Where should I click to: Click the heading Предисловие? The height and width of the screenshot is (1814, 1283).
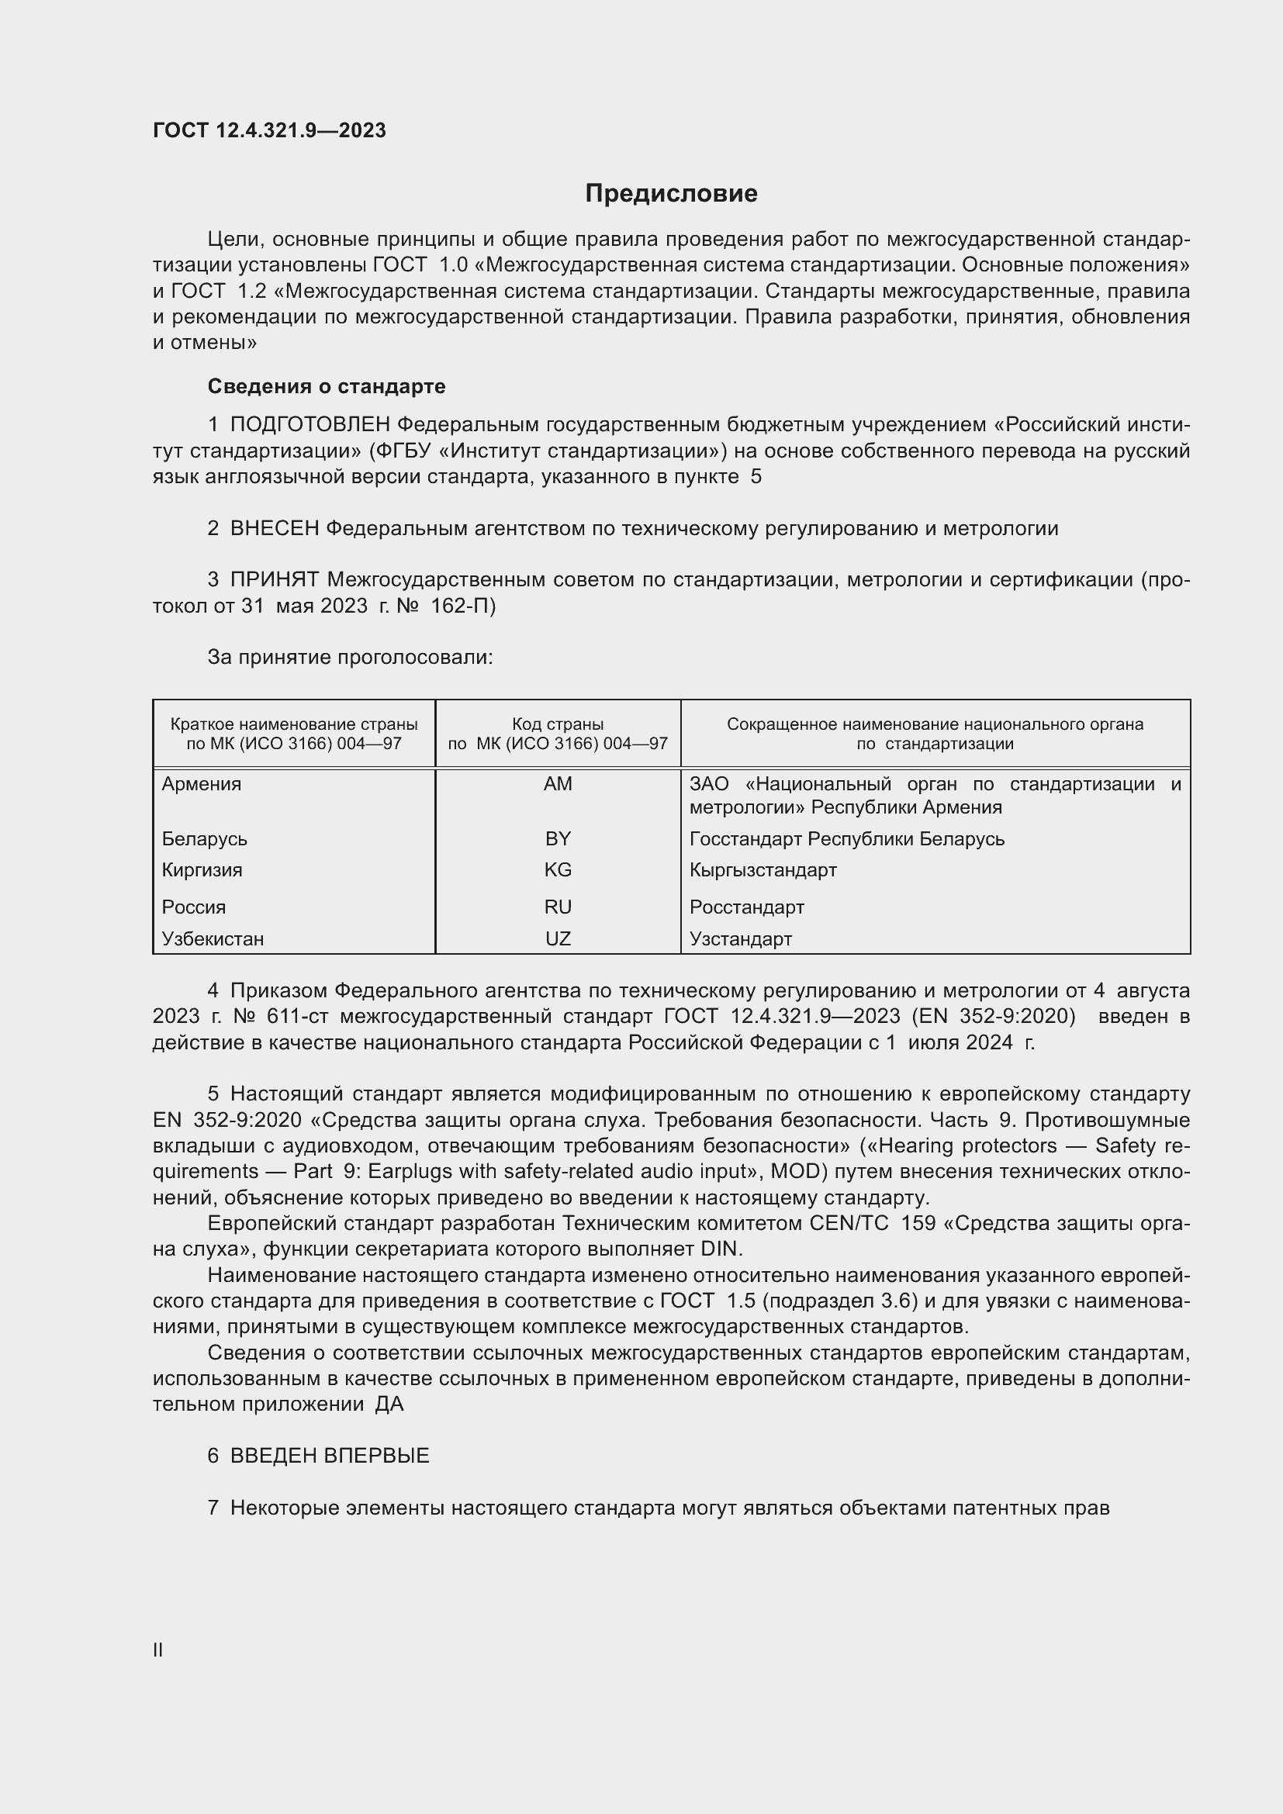[x=671, y=194]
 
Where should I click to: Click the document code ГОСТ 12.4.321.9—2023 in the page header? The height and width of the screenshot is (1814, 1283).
[x=269, y=130]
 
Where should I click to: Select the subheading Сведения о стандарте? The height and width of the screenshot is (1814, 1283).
[x=327, y=386]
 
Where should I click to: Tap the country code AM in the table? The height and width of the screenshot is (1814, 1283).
[x=558, y=784]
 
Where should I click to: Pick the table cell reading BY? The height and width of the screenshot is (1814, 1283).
[x=558, y=838]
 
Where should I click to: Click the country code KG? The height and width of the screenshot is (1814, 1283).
[x=558, y=870]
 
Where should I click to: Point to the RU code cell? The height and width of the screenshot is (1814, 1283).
[x=558, y=907]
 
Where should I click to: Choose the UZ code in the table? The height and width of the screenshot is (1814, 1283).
[x=558, y=938]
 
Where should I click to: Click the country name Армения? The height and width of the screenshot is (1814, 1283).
[x=202, y=784]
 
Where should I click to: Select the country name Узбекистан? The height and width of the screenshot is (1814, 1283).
[x=213, y=938]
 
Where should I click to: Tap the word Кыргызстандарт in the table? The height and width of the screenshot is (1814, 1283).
[x=763, y=870]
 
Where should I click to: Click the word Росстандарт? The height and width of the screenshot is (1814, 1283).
[x=746, y=907]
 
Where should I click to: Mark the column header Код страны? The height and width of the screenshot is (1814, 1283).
[x=558, y=724]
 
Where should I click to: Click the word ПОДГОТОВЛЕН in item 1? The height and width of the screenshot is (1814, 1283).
[x=311, y=425]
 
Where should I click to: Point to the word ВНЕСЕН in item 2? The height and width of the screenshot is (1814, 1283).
[x=274, y=529]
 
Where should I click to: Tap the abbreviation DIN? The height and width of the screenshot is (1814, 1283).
[x=721, y=1249]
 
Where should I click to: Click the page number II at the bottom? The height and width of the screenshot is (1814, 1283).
[x=158, y=1650]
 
